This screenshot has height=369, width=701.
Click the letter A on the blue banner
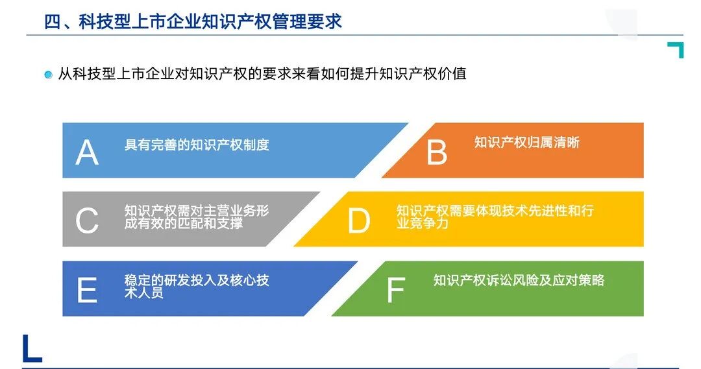88,153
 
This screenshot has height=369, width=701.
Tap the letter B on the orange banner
437,153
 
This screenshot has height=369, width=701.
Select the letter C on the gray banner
87,222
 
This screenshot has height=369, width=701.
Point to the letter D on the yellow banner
358,222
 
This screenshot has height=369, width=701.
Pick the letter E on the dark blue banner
87,291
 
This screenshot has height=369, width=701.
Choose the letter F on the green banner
395,291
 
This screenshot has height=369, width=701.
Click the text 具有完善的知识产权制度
197,145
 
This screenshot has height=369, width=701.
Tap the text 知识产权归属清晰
526,143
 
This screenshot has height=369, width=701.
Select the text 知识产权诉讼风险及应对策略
519,280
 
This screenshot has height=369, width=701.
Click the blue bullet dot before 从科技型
48,75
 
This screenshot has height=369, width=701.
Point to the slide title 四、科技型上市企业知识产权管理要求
193,21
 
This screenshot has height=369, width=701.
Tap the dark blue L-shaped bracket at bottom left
31,349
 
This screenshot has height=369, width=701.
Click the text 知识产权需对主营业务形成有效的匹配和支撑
197,217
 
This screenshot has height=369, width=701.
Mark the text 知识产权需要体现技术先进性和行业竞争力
495,217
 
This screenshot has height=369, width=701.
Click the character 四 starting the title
52,21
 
